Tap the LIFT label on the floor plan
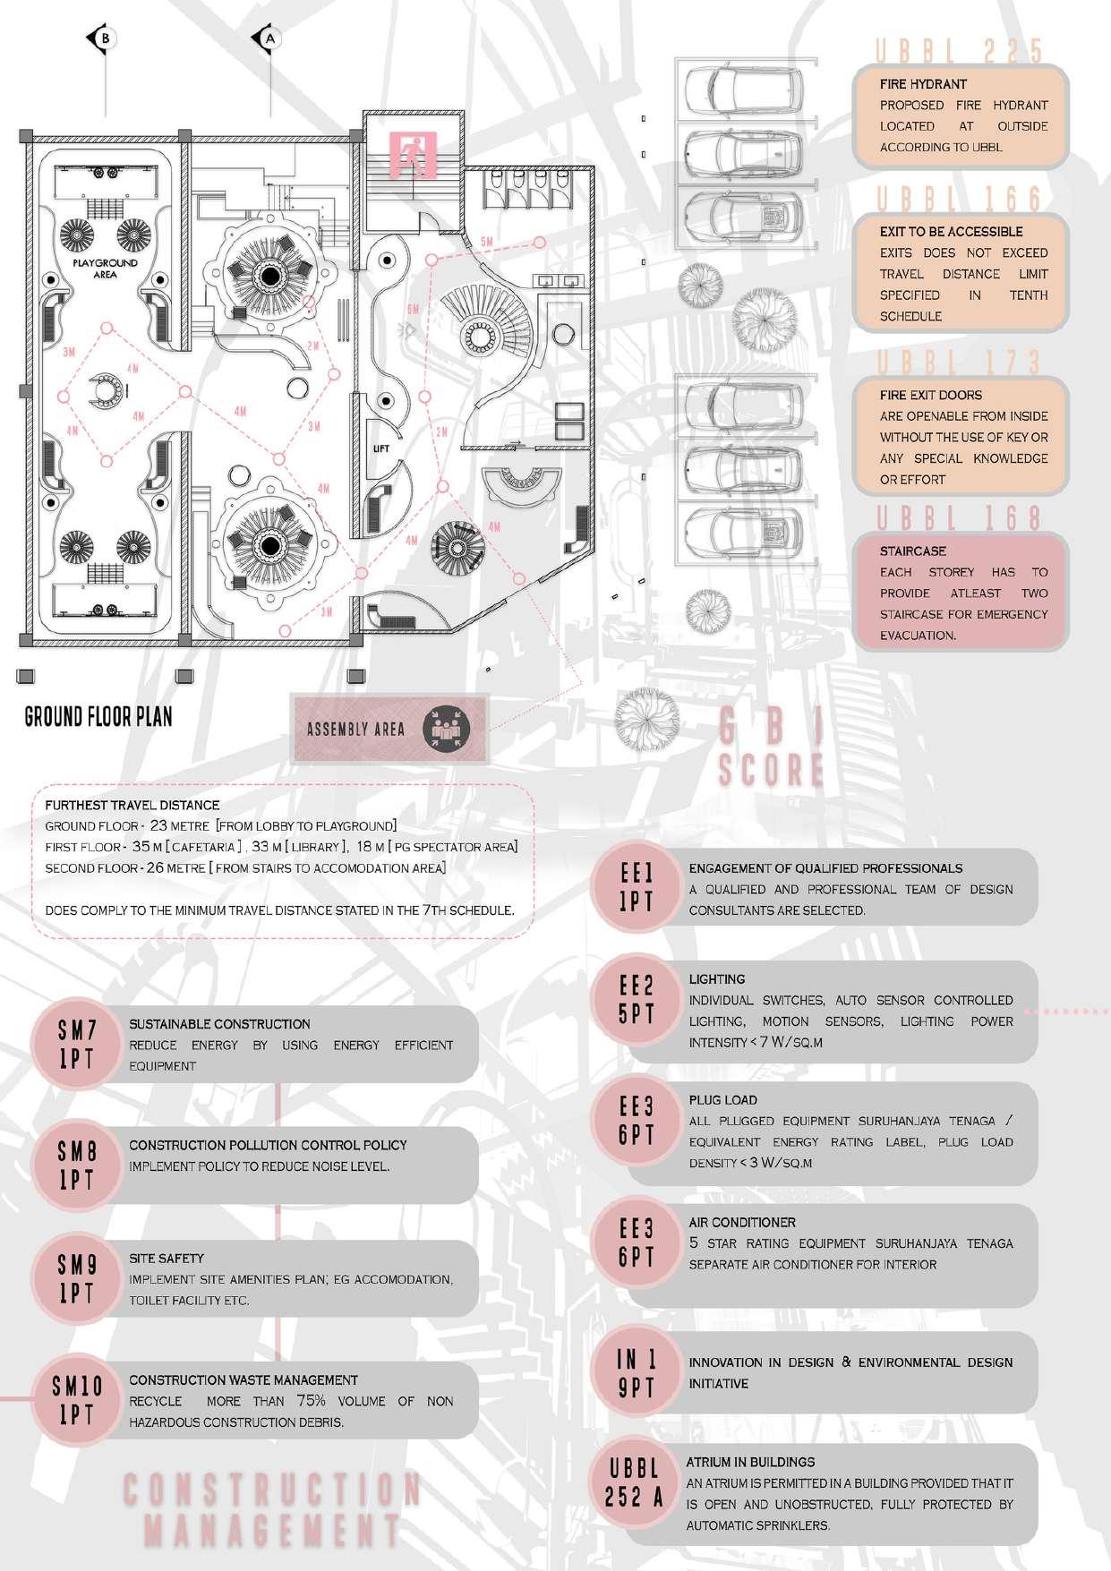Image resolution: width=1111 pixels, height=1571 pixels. [x=381, y=448]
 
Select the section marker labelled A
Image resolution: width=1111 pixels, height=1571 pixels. [x=269, y=38]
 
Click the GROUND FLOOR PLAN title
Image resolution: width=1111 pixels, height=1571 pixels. [x=98, y=716]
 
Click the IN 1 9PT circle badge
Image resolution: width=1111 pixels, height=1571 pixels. [x=637, y=1374]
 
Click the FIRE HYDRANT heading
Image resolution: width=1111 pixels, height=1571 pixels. [x=923, y=84]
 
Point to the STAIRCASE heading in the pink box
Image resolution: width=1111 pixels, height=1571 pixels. [x=912, y=551]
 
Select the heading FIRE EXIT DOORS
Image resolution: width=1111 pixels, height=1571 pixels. [x=930, y=395]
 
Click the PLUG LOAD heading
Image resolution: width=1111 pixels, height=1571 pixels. [x=722, y=1100]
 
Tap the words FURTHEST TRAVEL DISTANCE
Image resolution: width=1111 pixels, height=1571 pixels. [x=132, y=805]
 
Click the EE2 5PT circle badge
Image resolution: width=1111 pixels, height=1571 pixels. [x=637, y=1000]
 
